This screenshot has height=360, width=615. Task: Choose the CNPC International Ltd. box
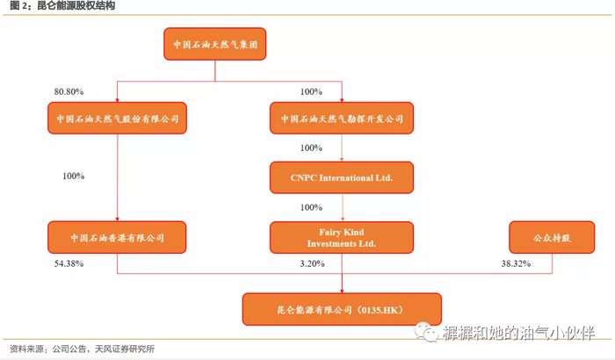(342, 177)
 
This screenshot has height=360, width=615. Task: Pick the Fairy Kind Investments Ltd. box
(342, 237)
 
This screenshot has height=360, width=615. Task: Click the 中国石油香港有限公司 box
(117, 237)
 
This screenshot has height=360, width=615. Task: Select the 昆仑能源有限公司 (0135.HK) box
(343, 310)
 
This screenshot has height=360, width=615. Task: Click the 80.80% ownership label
(69, 91)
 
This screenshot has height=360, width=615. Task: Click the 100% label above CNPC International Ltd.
(311, 148)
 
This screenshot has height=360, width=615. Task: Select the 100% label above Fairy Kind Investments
(311, 208)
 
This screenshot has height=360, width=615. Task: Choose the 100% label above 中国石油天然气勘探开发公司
(311, 91)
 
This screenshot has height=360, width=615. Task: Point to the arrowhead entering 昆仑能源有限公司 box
(342, 288)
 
